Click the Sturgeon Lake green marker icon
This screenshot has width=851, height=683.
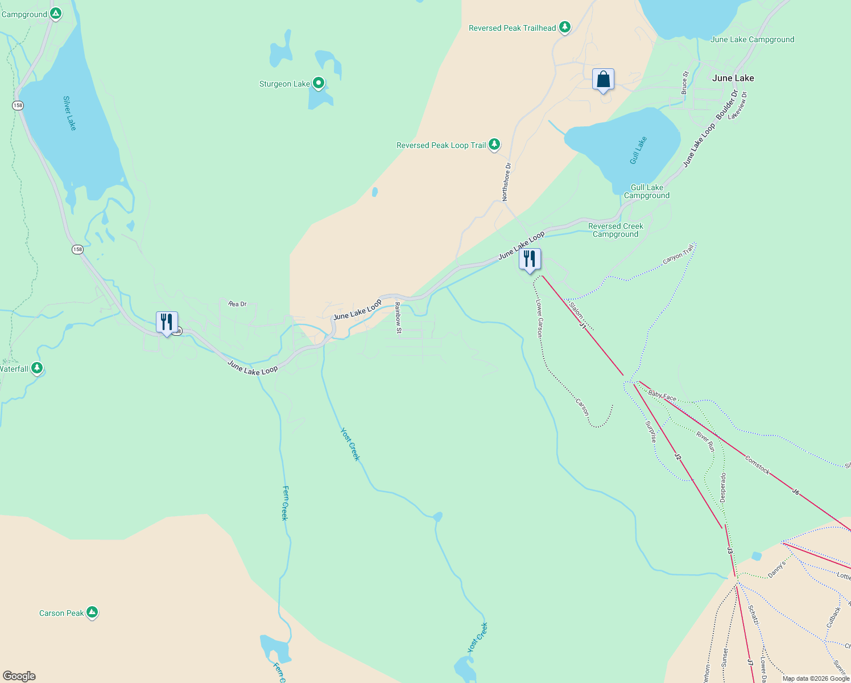319,83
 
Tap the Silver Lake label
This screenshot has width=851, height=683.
69,113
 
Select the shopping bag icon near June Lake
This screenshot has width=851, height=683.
603,80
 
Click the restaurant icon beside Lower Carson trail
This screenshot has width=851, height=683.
530,260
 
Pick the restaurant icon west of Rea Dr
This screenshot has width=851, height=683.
167,323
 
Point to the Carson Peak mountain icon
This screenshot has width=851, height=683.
92,612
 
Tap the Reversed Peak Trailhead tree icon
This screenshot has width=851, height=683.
564,27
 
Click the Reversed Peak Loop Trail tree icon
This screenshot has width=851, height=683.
494,145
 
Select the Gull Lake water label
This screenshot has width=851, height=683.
639,150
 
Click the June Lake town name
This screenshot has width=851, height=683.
733,78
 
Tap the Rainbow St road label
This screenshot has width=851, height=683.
398,318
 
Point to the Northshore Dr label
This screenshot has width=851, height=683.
506,182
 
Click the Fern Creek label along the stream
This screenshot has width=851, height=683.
285,503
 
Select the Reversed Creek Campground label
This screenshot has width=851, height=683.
615,230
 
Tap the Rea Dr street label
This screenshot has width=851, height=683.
238,304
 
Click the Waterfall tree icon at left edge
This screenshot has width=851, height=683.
37,368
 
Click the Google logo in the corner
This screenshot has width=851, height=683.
19,676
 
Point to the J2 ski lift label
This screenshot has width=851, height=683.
678,456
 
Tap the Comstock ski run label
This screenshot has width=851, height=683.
757,464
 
